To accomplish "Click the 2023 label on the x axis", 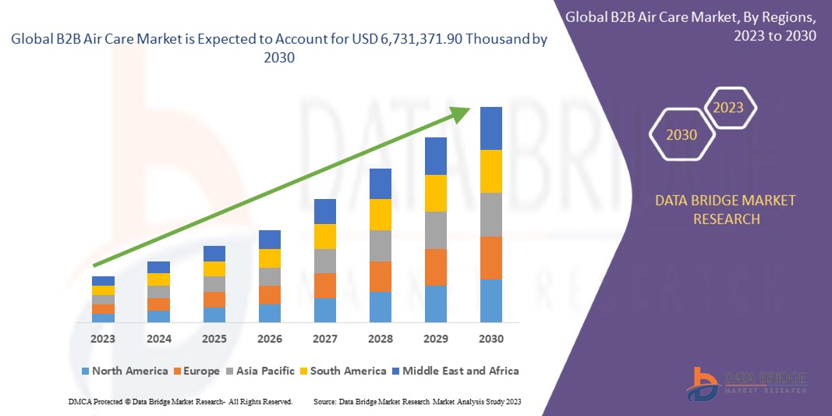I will [103, 339].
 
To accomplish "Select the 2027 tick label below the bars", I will [325, 339].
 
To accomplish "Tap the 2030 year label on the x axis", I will [491, 339].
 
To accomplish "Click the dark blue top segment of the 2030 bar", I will [491, 128].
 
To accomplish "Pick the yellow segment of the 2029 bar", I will [436, 193].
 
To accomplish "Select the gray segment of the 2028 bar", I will [381, 245].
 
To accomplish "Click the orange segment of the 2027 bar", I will [325, 285].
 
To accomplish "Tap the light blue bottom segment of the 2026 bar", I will [270, 313].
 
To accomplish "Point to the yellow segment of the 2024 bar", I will [158, 279].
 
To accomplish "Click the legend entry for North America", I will [125, 371].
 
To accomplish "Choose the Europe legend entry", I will [196, 371].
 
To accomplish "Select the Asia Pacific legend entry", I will [261, 371].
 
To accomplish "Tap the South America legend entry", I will [342, 371].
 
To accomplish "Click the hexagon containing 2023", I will [729, 108].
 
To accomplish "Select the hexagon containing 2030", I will [682, 134].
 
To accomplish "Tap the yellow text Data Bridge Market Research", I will [725, 210].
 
